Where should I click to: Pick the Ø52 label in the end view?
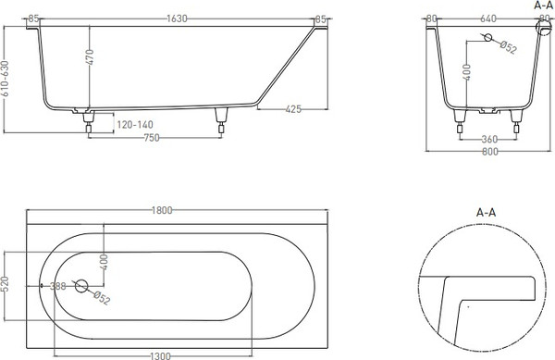tap(505, 46)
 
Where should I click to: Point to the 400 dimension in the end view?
tap(468, 72)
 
